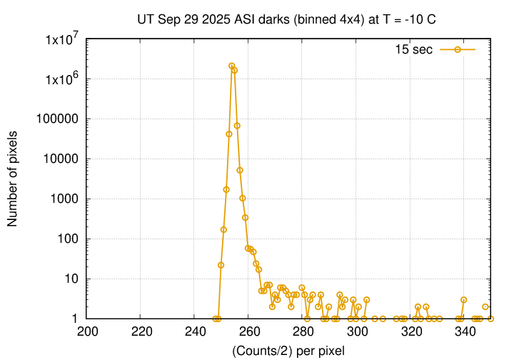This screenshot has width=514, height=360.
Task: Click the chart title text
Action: [286, 19]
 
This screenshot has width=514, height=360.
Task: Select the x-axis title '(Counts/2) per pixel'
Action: [288, 350]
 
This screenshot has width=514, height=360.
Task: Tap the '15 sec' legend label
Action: [415, 49]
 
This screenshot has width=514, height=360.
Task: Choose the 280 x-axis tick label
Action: [303, 331]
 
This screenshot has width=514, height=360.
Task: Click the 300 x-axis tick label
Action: [357, 331]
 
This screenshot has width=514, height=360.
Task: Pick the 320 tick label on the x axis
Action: [410, 331]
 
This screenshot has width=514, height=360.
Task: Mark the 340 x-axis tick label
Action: [465, 331]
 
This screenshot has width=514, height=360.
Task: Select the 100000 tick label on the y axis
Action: [60, 119]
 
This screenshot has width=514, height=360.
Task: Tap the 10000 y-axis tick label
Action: [63, 159]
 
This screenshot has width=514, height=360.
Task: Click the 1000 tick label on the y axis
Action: [66, 199]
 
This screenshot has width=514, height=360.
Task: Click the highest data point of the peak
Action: [232, 66]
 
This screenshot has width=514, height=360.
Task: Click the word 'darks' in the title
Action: [293, 19]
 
